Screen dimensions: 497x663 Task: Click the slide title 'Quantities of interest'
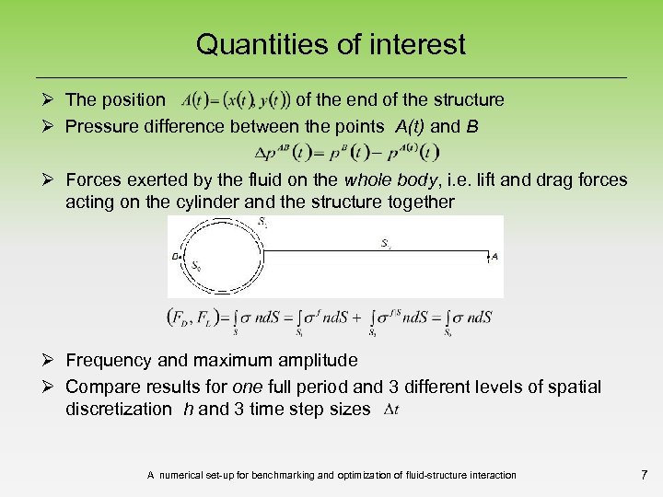331,44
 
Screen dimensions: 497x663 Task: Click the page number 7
643,475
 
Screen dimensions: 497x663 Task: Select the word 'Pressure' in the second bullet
100,126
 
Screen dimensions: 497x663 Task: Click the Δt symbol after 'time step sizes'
390,409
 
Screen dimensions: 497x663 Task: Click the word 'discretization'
118,409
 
